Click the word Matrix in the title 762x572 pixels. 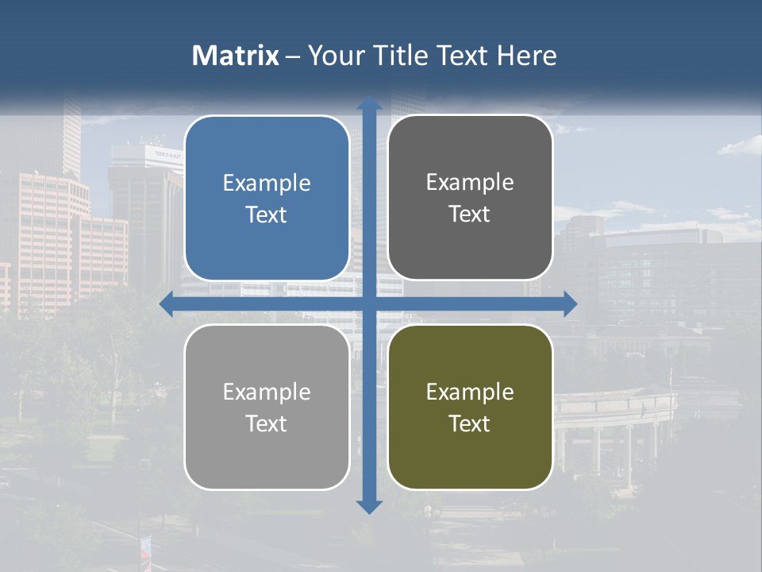point(236,56)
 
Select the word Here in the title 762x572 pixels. point(526,56)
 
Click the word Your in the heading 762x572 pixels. point(333,56)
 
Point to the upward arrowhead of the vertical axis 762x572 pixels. point(369,104)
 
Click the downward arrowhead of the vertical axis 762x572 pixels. point(369,506)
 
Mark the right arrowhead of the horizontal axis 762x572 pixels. point(570,303)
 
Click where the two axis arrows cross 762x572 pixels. point(369,303)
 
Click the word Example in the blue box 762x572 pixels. point(267,184)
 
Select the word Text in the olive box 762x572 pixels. point(470,423)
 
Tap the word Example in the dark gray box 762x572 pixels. point(470,183)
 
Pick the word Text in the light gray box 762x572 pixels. point(267,423)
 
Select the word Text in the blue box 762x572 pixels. point(267,214)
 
